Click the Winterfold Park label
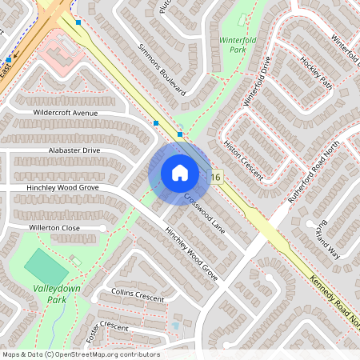pos(232,42)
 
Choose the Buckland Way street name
pos(329,235)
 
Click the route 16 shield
pos(216,175)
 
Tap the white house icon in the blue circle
pos(180,172)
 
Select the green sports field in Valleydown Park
pos(47,264)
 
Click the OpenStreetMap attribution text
pos(80,354)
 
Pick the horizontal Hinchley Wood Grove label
pos(55,187)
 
